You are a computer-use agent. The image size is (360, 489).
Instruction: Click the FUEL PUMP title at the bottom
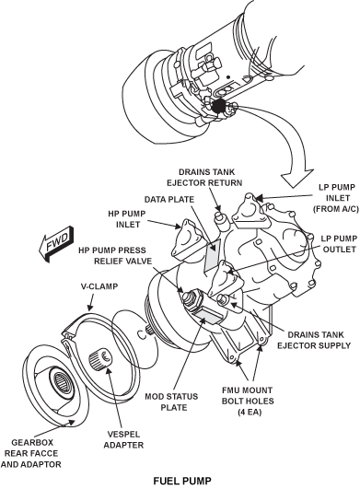point(182,481)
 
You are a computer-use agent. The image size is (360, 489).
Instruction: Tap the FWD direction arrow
point(57,244)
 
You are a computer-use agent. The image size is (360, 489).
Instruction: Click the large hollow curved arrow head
point(296,178)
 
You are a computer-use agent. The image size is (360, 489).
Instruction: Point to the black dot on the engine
point(218,106)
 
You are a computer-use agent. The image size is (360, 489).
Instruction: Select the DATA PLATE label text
point(168,199)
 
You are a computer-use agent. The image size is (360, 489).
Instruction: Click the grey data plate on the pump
point(213,256)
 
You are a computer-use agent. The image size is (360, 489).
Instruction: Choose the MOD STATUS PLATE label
point(171,402)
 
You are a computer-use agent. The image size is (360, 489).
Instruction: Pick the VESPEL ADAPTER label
point(123,439)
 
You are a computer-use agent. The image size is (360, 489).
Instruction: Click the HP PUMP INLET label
point(127,219)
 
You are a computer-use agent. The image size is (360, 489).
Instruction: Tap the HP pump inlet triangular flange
point(186,237)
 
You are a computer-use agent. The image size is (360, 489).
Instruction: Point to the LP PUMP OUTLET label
point(339,244)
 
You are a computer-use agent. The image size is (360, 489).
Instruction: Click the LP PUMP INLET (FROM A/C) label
point(336,198)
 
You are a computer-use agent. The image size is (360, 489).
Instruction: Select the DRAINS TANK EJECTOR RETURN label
point(204,177)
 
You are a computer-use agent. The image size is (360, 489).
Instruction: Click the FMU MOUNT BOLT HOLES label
point(248,402)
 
